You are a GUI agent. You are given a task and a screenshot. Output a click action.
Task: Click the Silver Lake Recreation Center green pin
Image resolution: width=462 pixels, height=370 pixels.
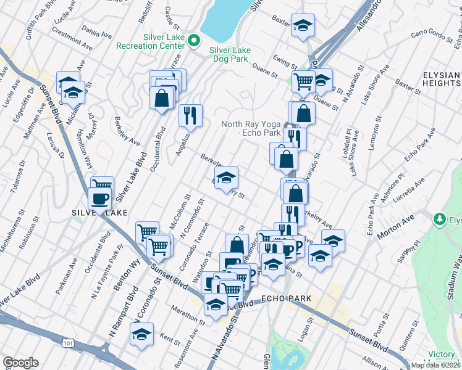194,42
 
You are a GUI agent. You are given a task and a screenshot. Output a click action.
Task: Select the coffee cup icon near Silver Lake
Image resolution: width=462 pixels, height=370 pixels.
99,198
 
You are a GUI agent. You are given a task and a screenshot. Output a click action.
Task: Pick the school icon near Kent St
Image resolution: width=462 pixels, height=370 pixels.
141,334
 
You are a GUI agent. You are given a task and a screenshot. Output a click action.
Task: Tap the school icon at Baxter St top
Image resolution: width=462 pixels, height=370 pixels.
303,26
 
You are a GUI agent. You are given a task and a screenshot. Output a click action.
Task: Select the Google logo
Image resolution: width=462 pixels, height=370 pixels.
20,363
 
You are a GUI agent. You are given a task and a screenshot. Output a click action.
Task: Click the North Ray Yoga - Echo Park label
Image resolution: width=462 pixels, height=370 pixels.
251,128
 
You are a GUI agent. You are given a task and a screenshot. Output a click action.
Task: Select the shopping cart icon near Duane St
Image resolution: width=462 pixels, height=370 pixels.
303,81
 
